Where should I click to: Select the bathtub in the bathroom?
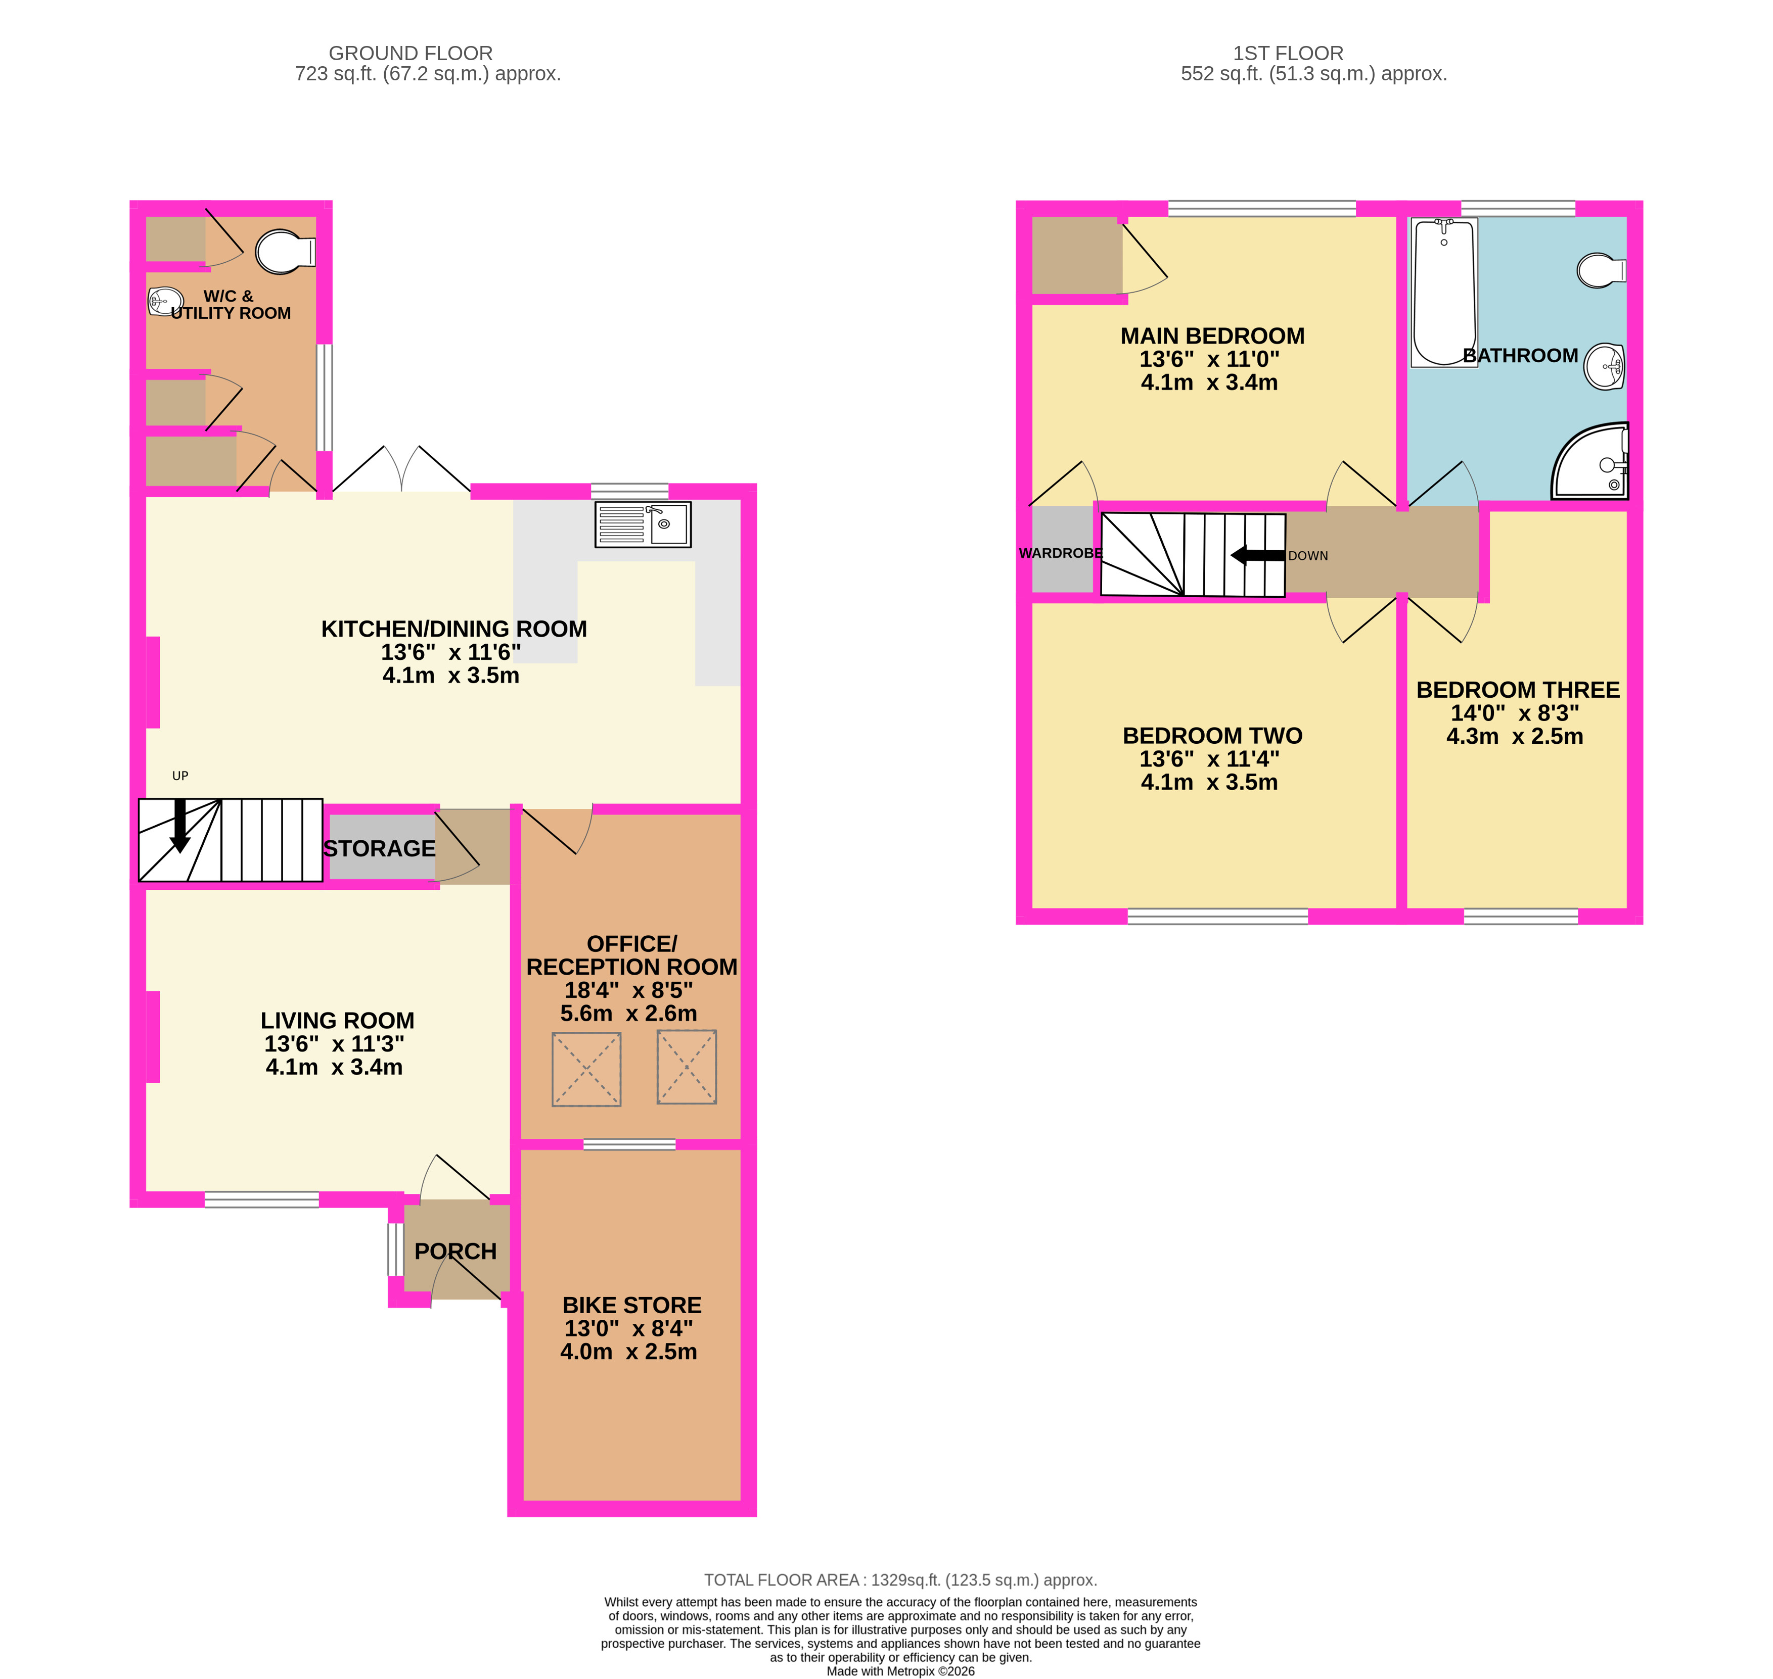(x=1443, y=293)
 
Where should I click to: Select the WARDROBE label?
(x=1060, y=553)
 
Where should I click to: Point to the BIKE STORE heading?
(x=631, y=1305)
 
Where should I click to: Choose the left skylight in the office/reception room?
(x=586, y=1070)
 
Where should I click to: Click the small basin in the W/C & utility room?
(x=165, y=302)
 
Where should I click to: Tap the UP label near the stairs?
(x=180, y=776)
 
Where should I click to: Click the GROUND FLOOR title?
(x=410, y=54)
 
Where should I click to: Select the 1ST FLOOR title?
(x=1288, y=54)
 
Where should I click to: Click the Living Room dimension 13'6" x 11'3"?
(x=334, y=1043)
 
